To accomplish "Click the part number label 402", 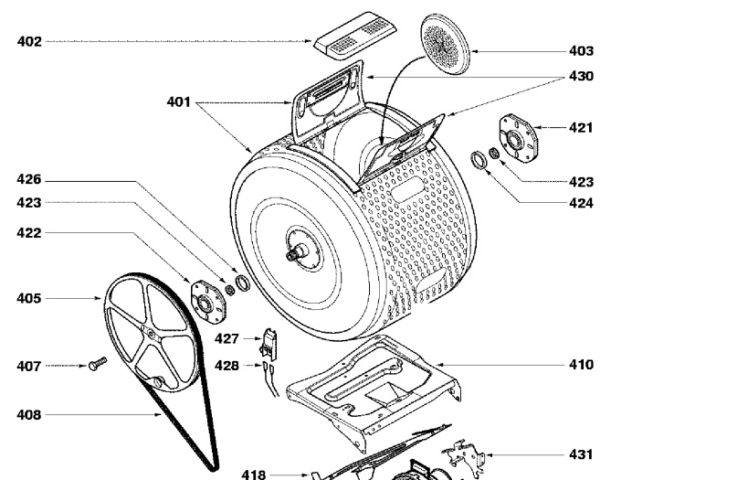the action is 29,41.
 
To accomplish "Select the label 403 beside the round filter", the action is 581,51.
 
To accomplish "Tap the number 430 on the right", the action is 581,77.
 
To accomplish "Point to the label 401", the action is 178,102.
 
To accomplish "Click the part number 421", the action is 581,128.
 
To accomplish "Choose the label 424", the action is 581,204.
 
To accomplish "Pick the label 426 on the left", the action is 29,180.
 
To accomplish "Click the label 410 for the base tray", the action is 581,365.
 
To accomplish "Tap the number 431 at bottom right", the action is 581,454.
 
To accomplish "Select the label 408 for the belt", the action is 29,415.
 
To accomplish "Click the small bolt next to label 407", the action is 98,364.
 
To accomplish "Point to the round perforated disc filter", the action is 445,44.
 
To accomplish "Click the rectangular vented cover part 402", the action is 355,37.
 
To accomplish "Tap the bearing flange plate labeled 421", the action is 518,138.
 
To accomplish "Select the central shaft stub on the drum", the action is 296,252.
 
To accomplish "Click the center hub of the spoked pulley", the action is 151,333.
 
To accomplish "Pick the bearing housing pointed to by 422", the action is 207,303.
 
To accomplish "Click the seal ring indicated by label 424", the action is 478,160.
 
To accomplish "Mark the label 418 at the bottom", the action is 253,475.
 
